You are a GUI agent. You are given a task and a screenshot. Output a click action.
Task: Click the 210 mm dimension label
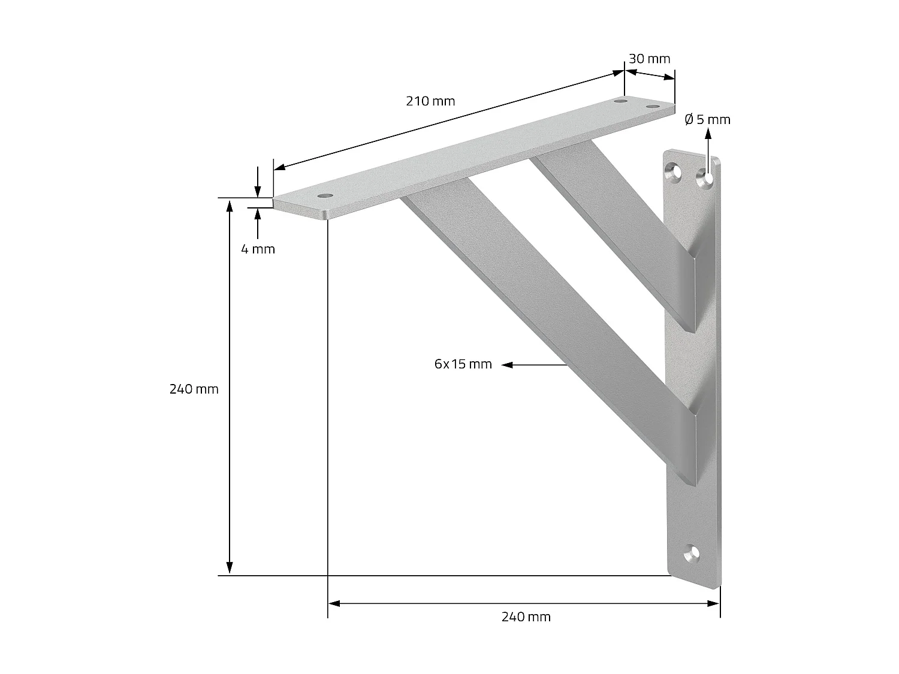(430, 101)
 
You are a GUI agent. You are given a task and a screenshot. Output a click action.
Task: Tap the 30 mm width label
(649, 59)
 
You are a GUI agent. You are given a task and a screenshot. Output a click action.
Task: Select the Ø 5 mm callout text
(707, 120)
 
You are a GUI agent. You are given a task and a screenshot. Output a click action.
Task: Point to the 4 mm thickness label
(258, 249)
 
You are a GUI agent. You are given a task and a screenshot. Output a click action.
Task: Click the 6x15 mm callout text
(463, 364)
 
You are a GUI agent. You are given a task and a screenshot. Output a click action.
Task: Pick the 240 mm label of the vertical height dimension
(194, 389)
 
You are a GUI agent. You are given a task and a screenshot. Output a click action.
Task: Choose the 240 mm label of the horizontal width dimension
(526, 617)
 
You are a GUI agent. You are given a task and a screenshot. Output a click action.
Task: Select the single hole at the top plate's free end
(325, 196)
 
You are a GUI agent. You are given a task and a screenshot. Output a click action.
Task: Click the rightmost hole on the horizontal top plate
(652, 107)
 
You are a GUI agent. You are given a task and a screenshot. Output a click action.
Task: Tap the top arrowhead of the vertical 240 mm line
(229, 205)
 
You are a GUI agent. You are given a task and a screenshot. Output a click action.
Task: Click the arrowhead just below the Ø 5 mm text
(708, 134)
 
